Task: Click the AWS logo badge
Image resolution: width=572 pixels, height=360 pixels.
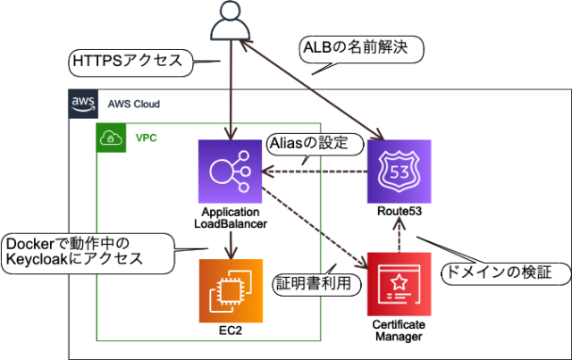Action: pyautogui.click(x=83, y=104)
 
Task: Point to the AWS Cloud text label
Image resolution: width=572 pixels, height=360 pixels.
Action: pyautogui.click(x=134, y=104)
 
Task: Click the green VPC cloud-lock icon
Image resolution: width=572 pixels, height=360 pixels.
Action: pyautogui.click(x=112, y=138)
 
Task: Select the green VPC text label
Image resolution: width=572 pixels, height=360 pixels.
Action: pyautogui.click(x=146, y=138)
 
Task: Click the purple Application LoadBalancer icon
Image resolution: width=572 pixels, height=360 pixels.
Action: pyautogui.click(x=231, y=172)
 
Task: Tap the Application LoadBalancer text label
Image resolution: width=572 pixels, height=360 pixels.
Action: pyautogui.click(x=231, y=219)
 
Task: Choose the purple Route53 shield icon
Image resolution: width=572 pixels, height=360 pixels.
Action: pyautogui.click(x=399, y=172)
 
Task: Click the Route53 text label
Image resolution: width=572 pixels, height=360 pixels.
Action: pyautogui.click(x=399, y=213)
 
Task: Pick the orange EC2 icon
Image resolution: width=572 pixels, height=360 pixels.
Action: pyautogui.click(x=231, y=290)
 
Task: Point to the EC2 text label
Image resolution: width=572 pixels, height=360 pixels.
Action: pyautogui.click(x=231, y=331)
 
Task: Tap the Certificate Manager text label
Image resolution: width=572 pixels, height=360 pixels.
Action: pyautogui.click(x=399, y=331)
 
